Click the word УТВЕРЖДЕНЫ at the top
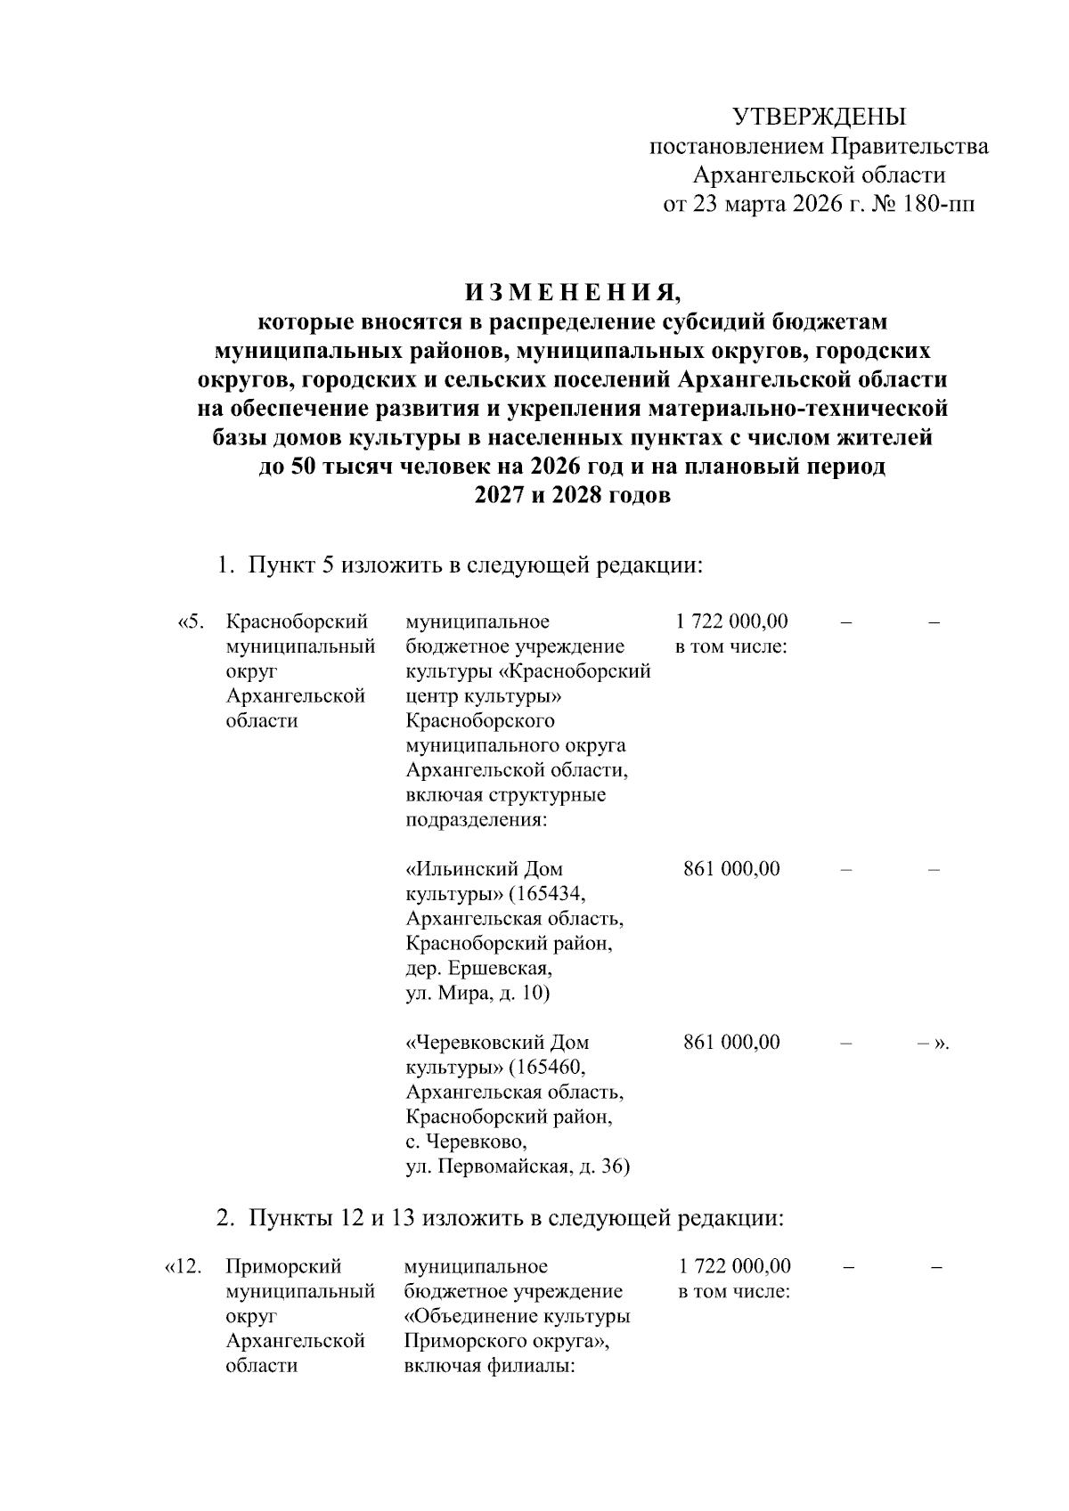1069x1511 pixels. pos(818,117)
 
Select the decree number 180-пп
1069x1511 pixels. pos(937,206)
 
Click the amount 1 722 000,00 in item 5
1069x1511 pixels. pos(732,621)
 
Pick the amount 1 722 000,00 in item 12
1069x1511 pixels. pos(734,1266)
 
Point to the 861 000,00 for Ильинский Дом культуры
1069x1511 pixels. pos(731,868)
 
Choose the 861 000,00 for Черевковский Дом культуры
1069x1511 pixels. pos(731,1042)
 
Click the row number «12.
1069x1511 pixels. pos(183,1267)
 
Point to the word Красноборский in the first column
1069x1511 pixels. pos(298,621)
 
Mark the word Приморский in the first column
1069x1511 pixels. pos(285,1266)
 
